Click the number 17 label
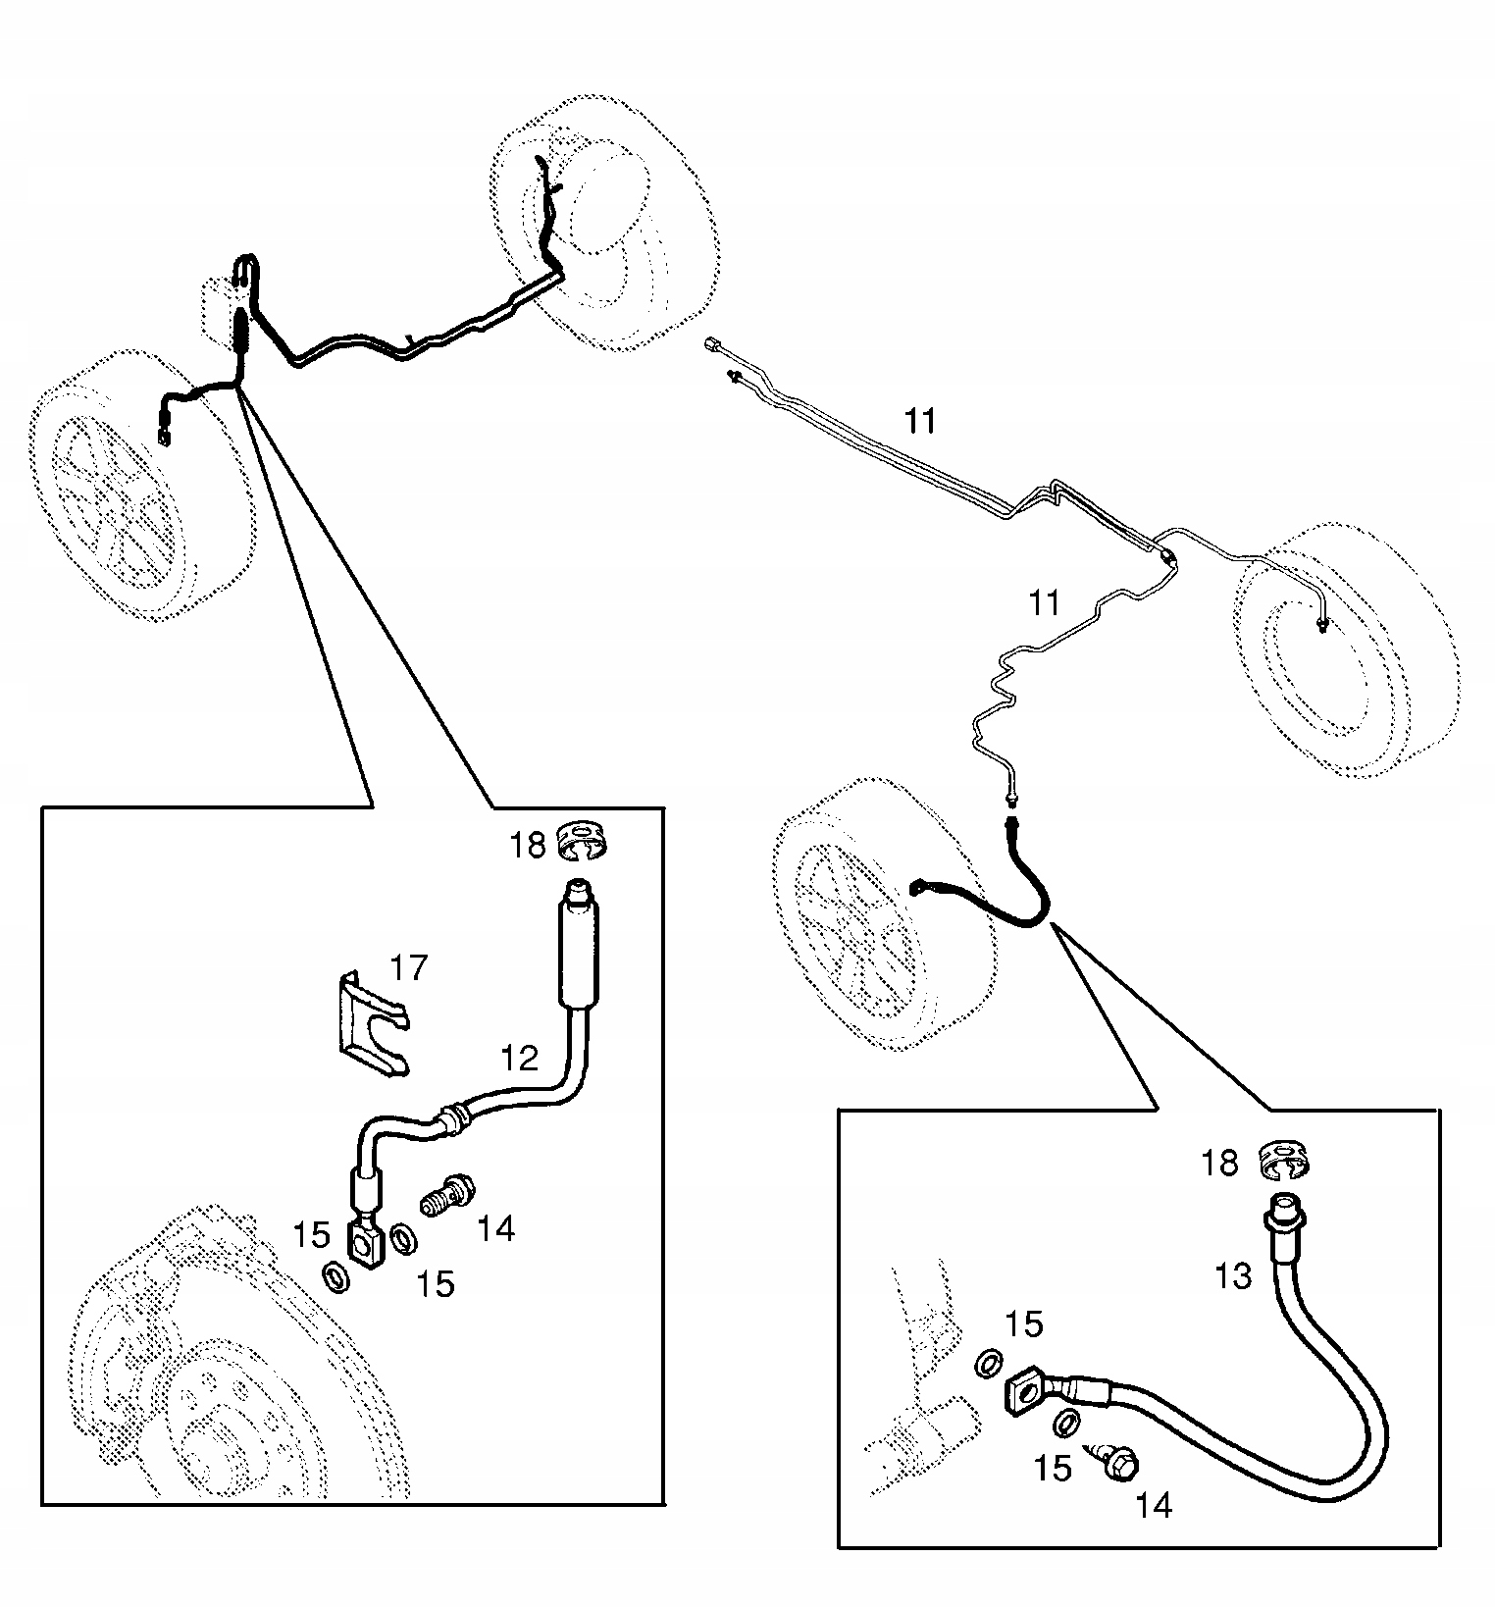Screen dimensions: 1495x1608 tap(409, 967)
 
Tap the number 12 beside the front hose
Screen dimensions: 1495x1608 tap(520, 1058)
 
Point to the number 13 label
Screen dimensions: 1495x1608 tap(1232, 1276)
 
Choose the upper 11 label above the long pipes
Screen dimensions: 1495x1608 tap(920, 421)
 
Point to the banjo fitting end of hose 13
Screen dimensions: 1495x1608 tap(1026, 1390)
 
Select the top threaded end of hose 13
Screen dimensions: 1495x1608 tap(1282, 1208)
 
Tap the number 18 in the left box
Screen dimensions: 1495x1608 tap(527, 845)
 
